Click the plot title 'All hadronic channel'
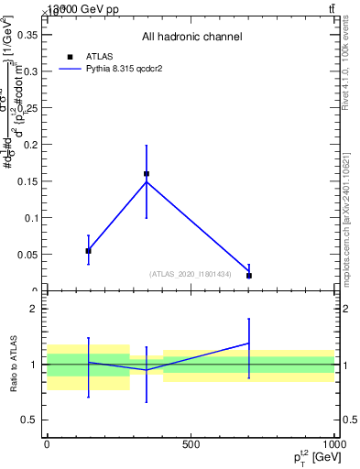click(191, 37)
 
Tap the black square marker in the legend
click(70, 56)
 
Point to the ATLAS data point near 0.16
click(147, 173)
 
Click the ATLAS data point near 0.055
click(88, 250)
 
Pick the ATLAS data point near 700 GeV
click(249, 275)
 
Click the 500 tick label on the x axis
click(191, 444)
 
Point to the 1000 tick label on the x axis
click(333, 444)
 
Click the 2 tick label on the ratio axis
click(33, 310)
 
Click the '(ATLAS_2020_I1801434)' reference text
click(191, 274)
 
